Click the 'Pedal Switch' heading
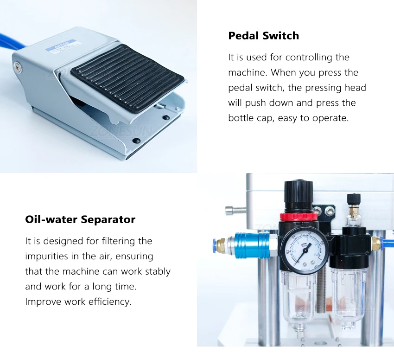pos(264,36)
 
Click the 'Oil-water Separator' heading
pos(80,219)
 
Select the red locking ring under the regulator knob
pos(299,217)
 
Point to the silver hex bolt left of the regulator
pos(235,211)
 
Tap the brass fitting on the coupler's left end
pos(222,246)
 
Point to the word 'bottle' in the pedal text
pos(241,118)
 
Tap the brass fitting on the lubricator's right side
pos(375,243)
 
